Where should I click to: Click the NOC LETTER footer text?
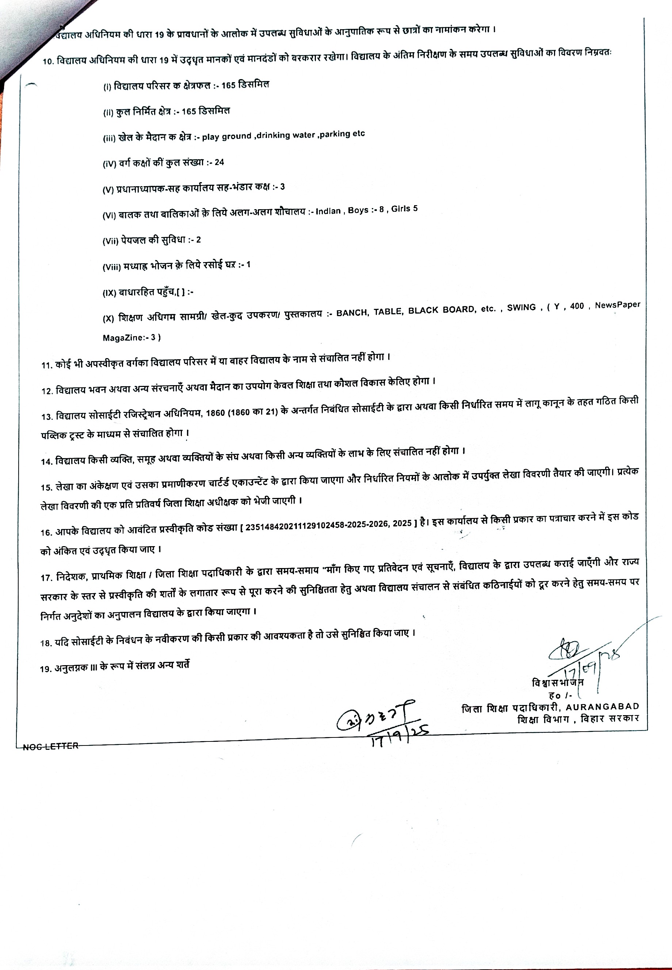click(x=51, y=747)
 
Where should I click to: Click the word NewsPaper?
click(x=617, y=305)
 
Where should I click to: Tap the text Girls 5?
click(x=404, y=209)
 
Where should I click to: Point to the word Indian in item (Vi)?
click(x=328, y=211)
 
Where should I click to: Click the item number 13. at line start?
click(x=46, y=417)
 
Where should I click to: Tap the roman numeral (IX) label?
click(x=110, y=293)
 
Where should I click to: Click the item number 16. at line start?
click(x=46, y=532)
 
